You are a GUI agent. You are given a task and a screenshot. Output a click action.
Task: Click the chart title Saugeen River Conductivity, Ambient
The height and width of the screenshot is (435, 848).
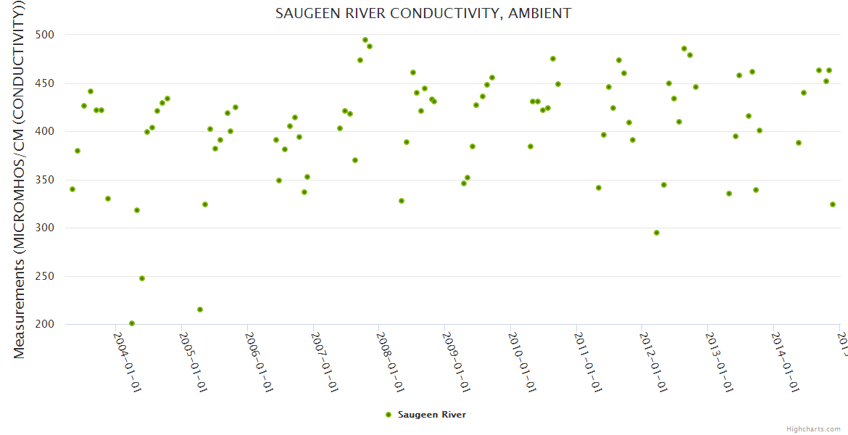(423, 14)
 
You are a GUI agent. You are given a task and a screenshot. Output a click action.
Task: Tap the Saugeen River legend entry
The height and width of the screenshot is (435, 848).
(425, 415)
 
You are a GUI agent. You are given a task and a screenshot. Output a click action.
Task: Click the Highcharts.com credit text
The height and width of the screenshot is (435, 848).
(813, 429)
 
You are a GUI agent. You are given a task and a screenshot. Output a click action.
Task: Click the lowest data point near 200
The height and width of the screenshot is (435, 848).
(132, 323)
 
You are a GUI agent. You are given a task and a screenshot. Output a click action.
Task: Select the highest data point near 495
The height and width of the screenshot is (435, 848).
(365, 40)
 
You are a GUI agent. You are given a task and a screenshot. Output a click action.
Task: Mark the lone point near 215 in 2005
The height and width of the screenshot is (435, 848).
(200, 310)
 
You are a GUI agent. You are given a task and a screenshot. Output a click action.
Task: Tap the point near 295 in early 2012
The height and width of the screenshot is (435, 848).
(657, 233)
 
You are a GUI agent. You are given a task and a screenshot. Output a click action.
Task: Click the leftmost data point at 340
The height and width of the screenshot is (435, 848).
(72, 189)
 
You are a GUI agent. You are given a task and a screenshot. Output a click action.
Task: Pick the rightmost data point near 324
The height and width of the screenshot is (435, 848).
(833, 204)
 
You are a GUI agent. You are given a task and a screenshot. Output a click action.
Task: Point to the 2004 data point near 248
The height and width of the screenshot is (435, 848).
(142, 278)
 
